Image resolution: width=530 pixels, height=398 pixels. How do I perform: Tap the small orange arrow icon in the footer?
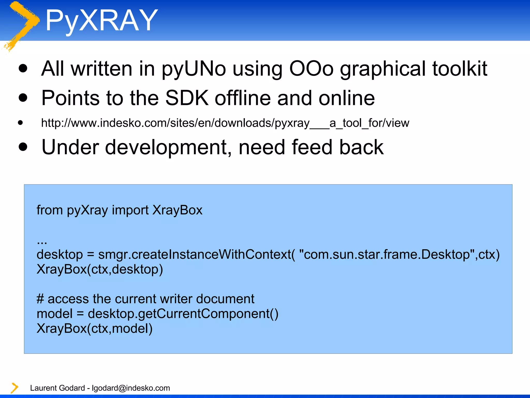[x=14, y=388]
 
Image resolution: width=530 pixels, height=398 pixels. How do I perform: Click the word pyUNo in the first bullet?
[x=194, y=69]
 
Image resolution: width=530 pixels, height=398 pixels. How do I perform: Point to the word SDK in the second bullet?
[x=187, y=98]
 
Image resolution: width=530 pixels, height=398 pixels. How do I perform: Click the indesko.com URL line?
[x=225, y=123]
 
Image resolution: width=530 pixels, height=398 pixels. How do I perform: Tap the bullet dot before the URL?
[x=21, y=123]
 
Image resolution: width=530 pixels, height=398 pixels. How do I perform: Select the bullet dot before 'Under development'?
[x=23, y=147]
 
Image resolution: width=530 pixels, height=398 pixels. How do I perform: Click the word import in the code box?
[x=130, y=210]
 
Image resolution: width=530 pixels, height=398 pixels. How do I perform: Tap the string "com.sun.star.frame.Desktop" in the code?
[x=387, y=254]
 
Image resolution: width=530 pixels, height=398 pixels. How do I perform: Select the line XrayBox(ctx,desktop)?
[x=100, y=269]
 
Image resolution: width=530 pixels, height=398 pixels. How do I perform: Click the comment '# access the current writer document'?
[x=145, y=299]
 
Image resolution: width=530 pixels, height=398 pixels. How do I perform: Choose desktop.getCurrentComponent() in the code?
[x=183, y=314]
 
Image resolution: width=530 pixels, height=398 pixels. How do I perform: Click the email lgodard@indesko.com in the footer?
[x=131, y=388]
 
